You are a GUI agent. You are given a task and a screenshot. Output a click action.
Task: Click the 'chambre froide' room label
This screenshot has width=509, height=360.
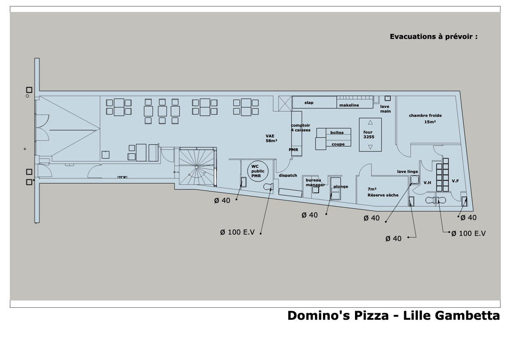425,115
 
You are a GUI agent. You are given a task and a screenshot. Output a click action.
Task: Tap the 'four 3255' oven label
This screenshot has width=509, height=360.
369,134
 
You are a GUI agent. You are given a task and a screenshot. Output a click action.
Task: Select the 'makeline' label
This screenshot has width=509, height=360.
349,105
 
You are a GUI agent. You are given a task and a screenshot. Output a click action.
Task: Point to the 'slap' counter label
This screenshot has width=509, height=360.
309,103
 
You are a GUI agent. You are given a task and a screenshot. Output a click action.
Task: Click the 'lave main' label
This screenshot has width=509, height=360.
385,109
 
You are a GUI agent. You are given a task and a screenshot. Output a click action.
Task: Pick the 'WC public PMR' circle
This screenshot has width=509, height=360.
258,171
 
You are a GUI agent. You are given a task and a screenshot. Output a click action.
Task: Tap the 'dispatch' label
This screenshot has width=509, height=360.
288,176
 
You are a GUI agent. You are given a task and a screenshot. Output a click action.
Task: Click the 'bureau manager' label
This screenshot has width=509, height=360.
315,183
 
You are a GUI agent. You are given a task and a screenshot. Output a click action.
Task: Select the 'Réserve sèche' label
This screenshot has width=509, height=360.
383,195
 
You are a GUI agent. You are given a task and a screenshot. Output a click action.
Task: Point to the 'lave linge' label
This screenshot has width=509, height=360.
407,172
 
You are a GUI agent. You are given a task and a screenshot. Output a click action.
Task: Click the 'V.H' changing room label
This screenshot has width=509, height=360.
427,183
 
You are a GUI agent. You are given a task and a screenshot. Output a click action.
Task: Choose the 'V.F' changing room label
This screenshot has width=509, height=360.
455,181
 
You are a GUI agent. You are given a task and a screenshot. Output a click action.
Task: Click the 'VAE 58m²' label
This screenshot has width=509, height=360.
271,138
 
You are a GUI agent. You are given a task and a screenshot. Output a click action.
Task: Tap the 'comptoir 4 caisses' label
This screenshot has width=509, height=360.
301,128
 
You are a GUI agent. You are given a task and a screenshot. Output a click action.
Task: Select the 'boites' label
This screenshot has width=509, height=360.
337,133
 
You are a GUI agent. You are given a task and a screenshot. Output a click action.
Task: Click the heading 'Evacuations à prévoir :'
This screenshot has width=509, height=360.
434,36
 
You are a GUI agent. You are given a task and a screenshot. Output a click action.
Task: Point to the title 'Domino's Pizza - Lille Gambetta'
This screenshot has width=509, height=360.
394,315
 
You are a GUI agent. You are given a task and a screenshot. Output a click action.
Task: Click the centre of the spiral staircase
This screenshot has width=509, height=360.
197,167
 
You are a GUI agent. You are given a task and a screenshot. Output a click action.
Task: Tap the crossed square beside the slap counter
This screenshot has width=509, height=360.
285,104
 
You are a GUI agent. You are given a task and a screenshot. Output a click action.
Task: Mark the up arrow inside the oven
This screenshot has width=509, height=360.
370,122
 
